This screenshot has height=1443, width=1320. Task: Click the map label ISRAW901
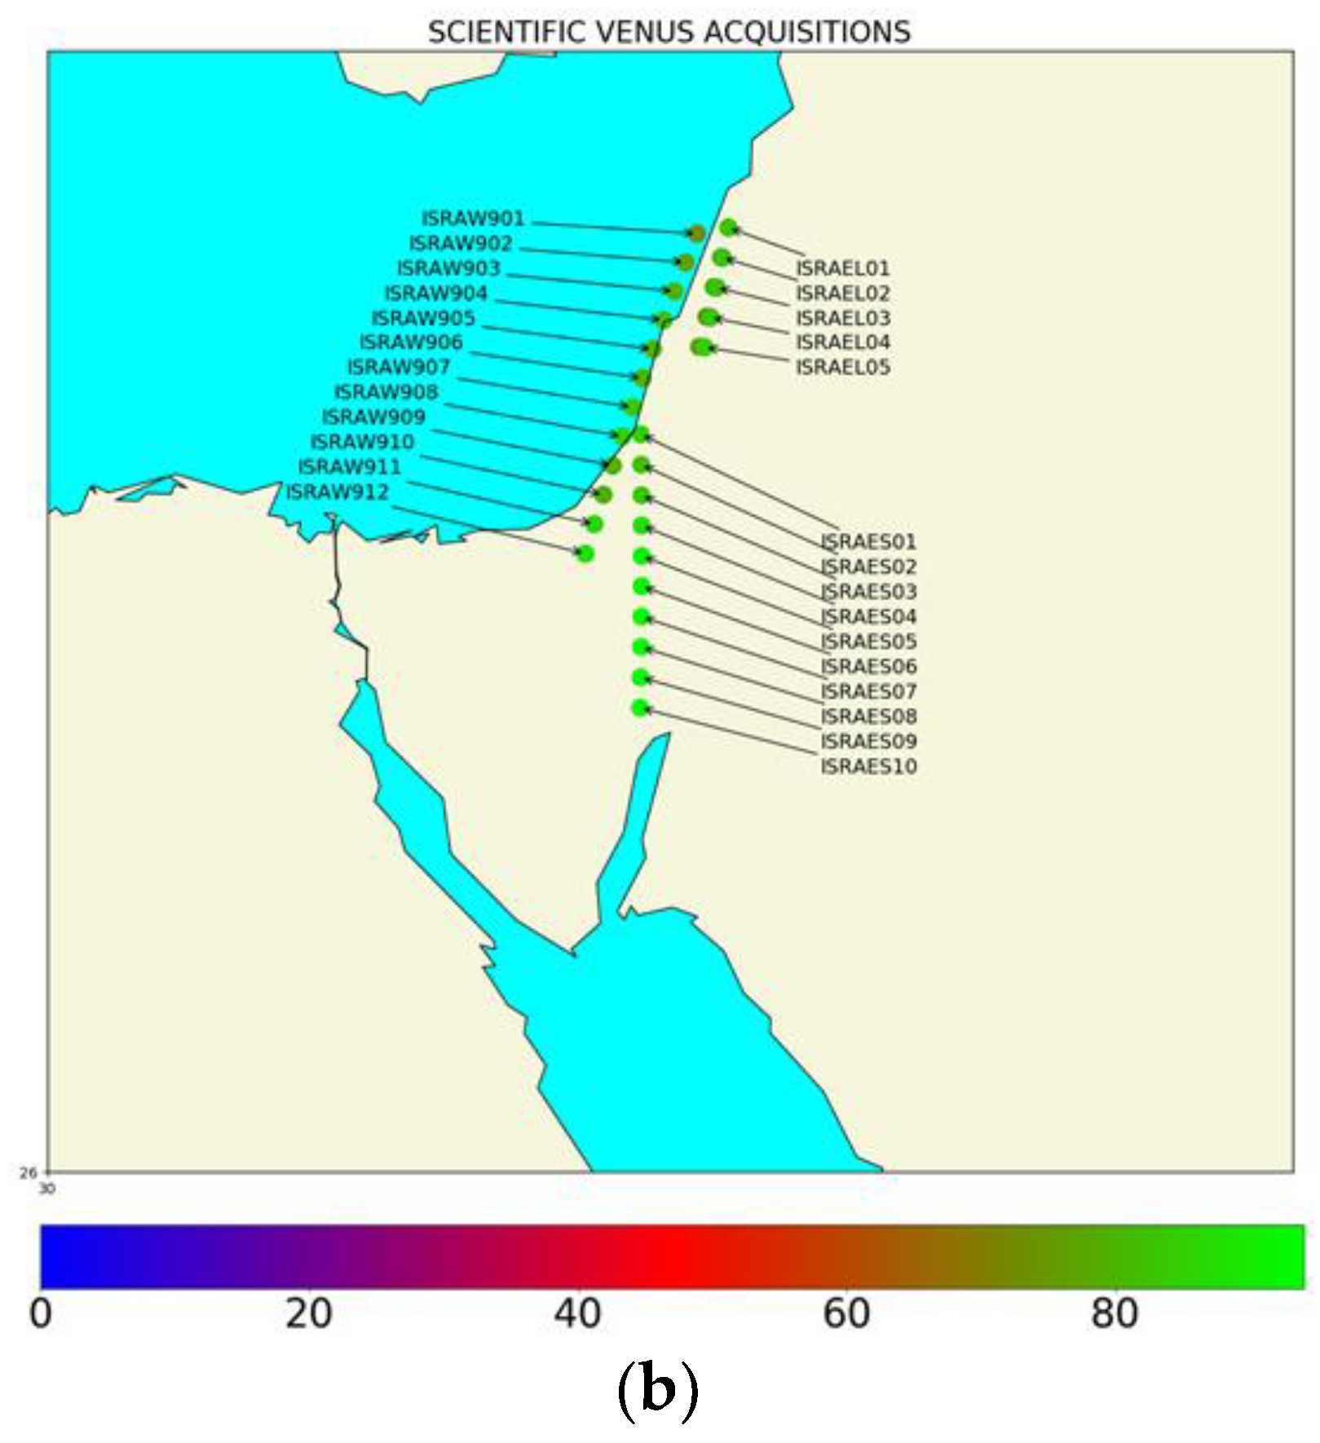(x=473, y=218)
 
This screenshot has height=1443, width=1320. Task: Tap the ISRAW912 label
(x=338, y=492)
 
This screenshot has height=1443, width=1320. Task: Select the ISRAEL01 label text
(x=842, y=267)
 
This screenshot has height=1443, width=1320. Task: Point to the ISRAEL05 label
(x=842, y=367)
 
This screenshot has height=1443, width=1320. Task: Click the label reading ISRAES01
(x=868, y=541)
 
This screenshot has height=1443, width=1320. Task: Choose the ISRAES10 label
(x=868, y=766)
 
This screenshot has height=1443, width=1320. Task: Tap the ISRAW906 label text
(x=411, y=342)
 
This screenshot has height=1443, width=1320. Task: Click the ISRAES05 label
(x=868, y=642)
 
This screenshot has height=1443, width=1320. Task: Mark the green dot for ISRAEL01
(x=728, y=227)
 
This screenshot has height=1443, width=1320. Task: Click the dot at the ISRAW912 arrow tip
(x=585, y=554)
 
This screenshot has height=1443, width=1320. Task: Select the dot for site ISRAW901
(x=696, y=234)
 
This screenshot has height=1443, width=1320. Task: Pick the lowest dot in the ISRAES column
(x=641, y=708)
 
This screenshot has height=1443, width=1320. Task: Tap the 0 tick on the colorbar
(x=41, y=1314)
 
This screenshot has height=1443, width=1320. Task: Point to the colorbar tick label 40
(x=578, y=1314)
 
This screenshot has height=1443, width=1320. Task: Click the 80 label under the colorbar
(x=1115, y=1314)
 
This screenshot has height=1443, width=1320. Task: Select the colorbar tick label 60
(x=846, y=1314)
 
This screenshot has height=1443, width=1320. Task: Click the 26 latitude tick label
(x=29, y=1173)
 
